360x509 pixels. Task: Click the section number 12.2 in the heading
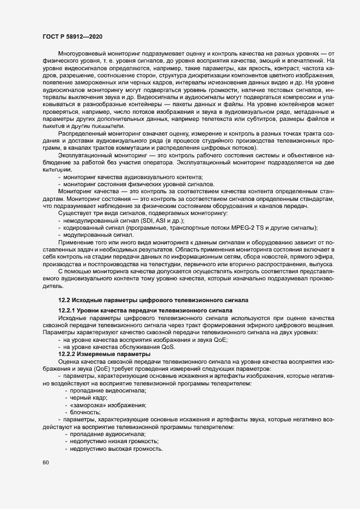tap(64, 299)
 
